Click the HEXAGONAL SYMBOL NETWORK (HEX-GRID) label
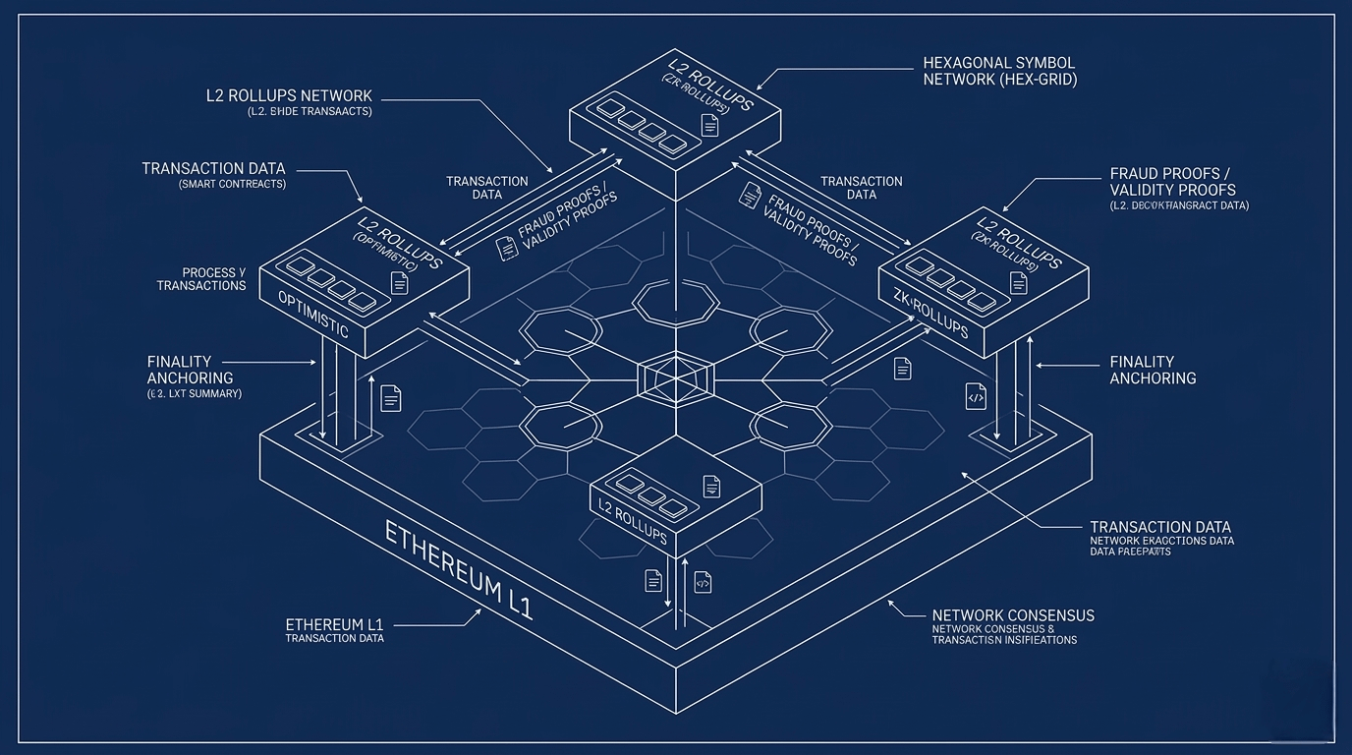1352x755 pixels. tap(999, 71)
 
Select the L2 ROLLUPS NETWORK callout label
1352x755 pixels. tap(289, 95)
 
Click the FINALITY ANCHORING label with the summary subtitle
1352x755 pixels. tap(191, 370)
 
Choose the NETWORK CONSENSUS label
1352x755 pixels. tap(1012, 615)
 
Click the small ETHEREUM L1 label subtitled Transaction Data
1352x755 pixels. tap(334, 625)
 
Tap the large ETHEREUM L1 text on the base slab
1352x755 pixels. tap(458, 571)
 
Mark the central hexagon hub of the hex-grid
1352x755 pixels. tap(675, 378)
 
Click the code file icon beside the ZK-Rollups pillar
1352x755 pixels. tap(976, 396)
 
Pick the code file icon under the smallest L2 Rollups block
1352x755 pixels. tap(703, 582)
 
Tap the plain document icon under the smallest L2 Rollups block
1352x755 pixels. tap(653, 580)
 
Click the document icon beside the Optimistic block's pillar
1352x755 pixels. tap(391, 398)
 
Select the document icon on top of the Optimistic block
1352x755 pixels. tap(399, 283)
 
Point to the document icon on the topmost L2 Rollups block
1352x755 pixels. tap(709, 125)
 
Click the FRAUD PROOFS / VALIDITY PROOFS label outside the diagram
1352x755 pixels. tap(1172, 182)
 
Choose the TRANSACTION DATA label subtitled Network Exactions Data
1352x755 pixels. tap(1160, 528)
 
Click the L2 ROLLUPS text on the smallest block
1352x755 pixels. tap(633, 521)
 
